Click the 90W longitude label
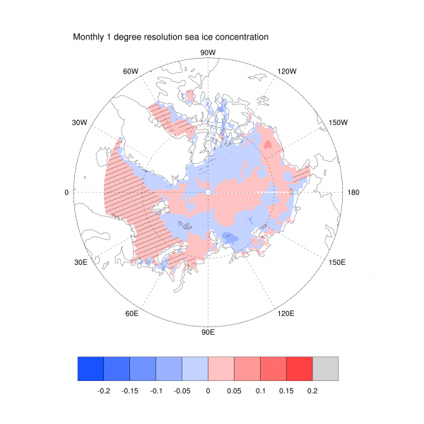tap(208, 53)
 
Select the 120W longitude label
tap(286, 71)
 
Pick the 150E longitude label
tap(337, 262)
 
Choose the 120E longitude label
tap(285, 313)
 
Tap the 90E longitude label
tap(208, 331)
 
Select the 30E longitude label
tap(79, 262)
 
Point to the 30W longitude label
tap(78, 122)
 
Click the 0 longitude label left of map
tap(67, 192)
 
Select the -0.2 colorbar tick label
tap(103, 389)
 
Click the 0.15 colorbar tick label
tap(286, 389)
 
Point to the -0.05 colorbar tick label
tap(182, 389)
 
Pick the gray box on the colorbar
tap(326, 368)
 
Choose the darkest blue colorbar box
tap(90, 368)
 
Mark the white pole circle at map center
tap(208, 192)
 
